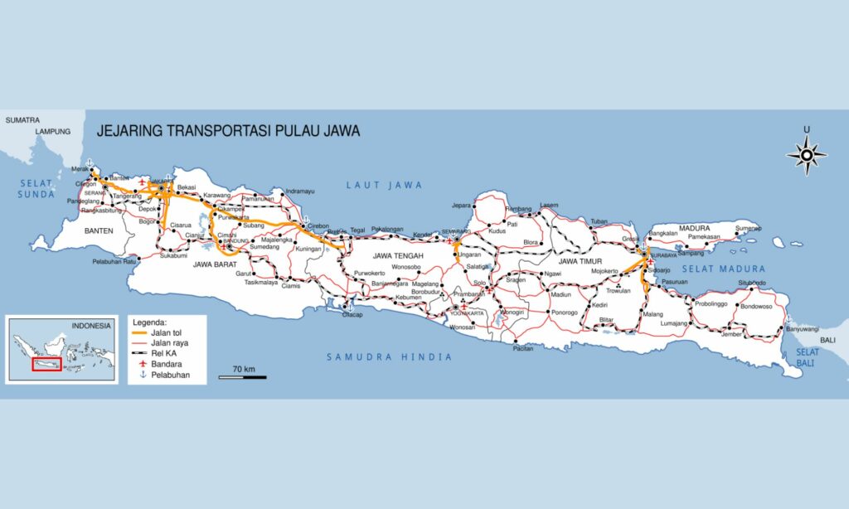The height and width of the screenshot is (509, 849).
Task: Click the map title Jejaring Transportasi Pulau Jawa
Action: pyautogui.click(x=228, y=131)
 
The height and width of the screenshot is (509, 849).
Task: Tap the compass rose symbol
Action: pyautogui.click(x=806, y=154)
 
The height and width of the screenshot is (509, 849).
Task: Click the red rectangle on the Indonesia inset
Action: pyautogui.click(x=46, y=364)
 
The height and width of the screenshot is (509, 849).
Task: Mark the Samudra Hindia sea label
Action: pyautogui.click(x=389, y=357)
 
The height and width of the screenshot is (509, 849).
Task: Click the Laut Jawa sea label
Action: pyautogui.click(x=384, y=185)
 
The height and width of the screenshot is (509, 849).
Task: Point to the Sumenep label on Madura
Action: pyautogui.click(x=746, y=227)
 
